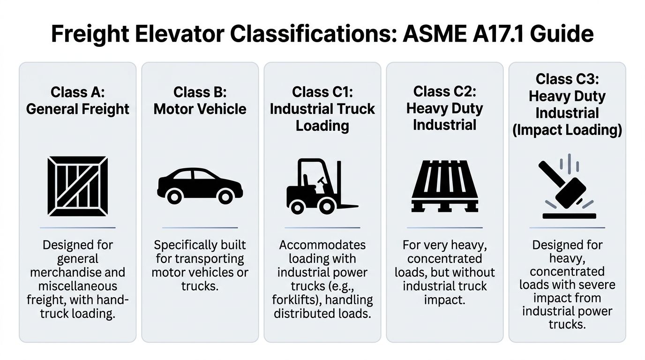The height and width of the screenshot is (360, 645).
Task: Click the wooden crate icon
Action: coord(78,186)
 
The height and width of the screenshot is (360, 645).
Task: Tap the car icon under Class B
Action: coord(200,186)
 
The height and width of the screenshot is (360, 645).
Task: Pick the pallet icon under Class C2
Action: coord(444,186)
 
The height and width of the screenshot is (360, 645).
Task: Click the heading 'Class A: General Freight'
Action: coord(78,100)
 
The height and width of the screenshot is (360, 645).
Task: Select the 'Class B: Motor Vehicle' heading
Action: coord(200,100)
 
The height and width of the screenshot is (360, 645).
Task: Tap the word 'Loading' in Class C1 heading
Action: coord(322,126)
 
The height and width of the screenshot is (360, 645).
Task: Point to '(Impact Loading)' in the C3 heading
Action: coord(567,130)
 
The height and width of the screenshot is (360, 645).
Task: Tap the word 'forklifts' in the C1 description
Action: coord(293,300)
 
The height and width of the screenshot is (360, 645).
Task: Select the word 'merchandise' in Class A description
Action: coord(78,272)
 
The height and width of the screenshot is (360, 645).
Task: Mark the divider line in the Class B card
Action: coord(200,228)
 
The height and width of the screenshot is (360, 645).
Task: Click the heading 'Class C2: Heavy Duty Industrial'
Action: coord(444,108)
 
